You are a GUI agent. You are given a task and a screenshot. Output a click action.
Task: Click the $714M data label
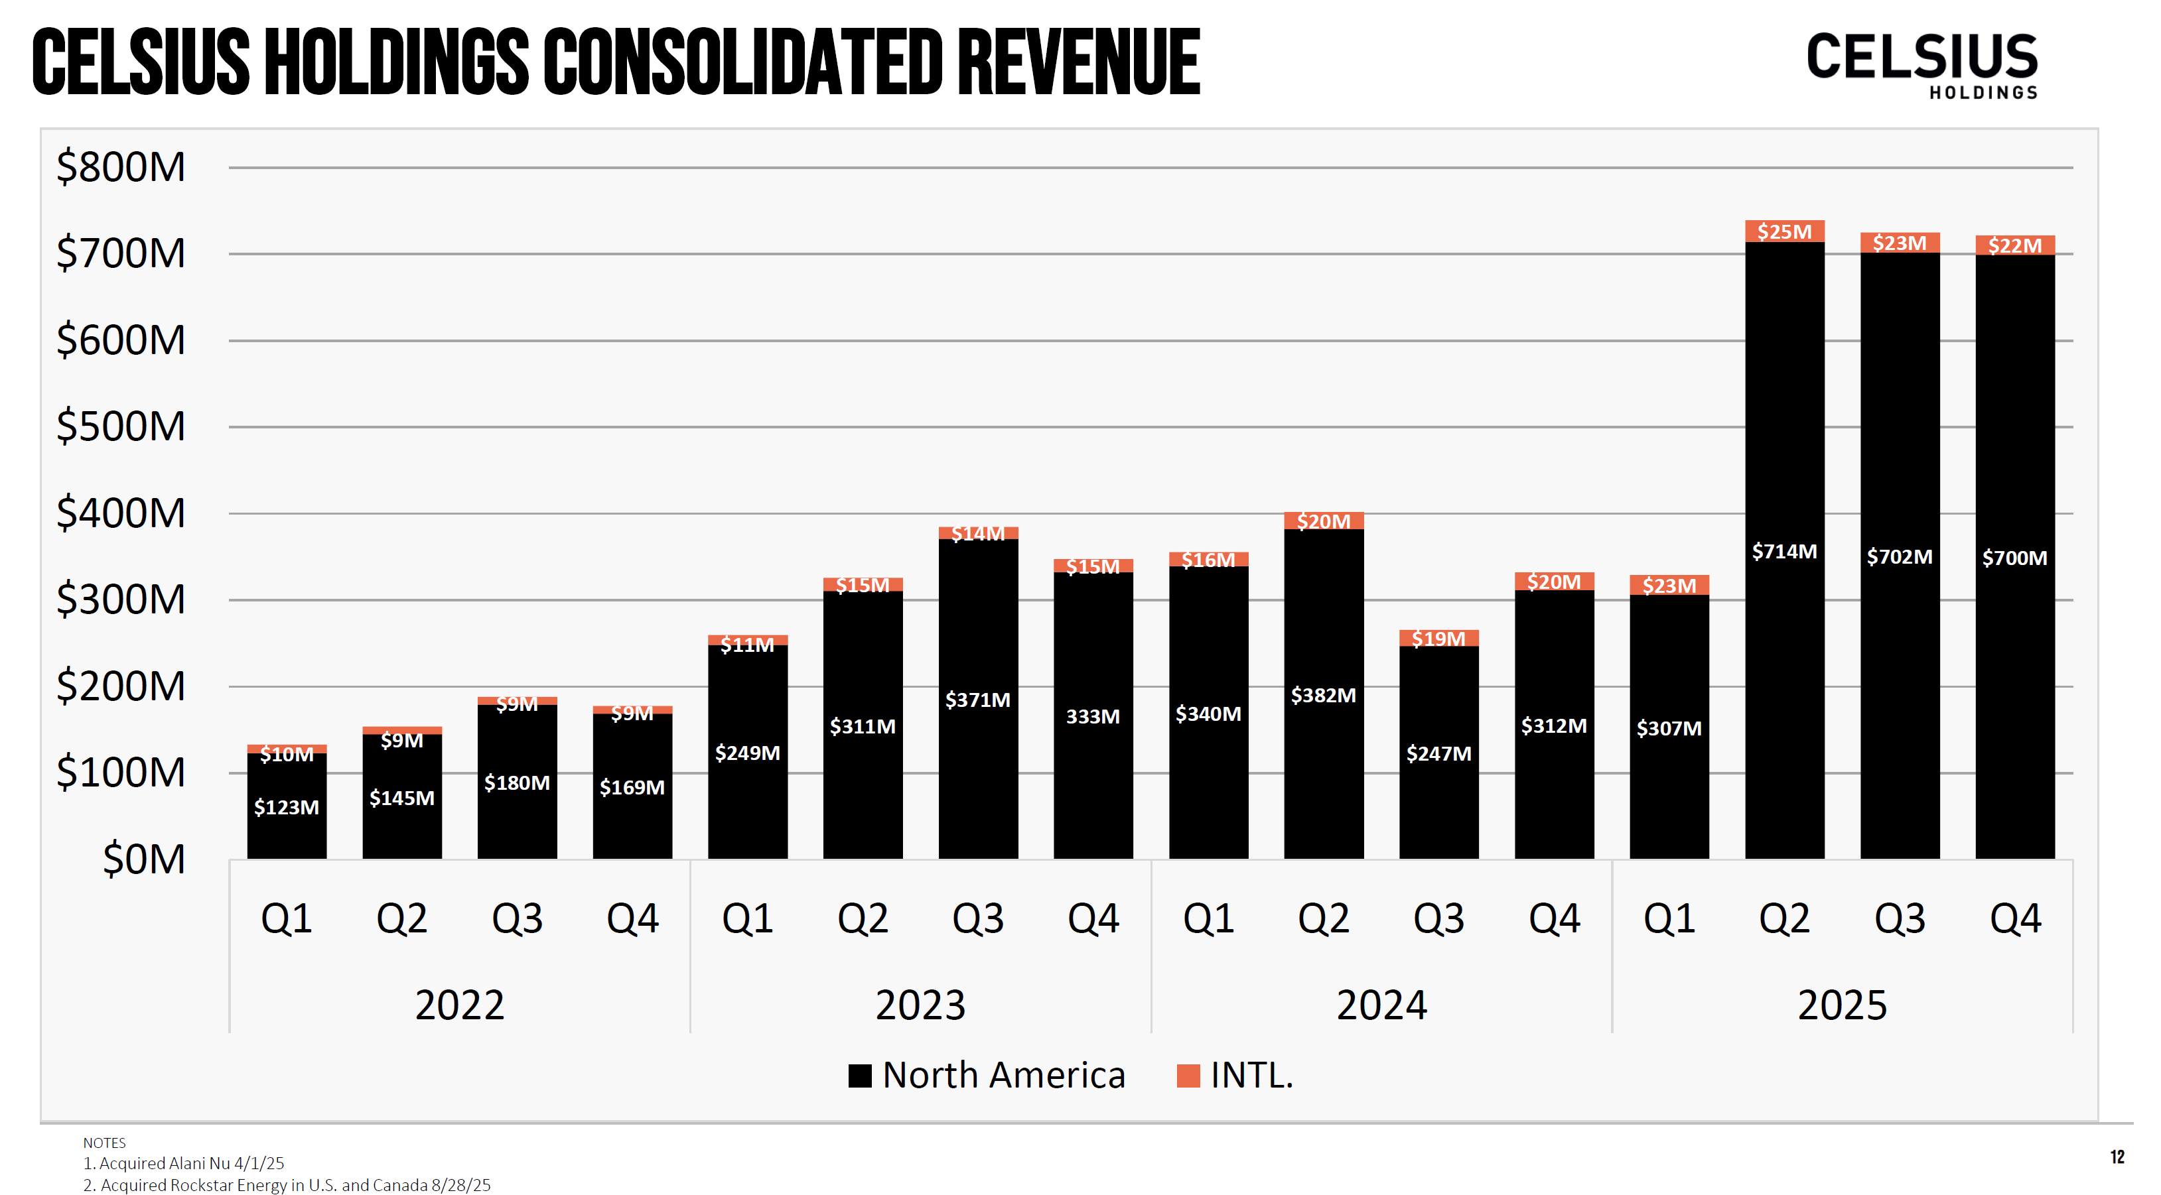tap(1783, 552)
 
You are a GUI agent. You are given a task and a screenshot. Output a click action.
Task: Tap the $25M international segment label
tap(1783, 231)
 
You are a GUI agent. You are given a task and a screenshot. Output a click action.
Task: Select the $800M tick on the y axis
tap(121, 167)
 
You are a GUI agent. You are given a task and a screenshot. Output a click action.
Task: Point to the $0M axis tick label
tap(143, 859)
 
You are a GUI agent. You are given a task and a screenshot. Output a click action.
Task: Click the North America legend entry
tap(987, 1075)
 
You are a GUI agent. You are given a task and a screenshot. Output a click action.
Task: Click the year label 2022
tap(460, 1005)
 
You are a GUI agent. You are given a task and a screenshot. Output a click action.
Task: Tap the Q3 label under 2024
tap(1438, 918)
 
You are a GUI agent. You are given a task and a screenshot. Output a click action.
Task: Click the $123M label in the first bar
tap(286, 808)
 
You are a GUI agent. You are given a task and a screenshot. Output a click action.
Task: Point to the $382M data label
tap(1323, 695)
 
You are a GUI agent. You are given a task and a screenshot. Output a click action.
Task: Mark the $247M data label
tap(1438, 754)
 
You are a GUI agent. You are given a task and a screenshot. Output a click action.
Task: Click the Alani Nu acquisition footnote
tap(184, 1163)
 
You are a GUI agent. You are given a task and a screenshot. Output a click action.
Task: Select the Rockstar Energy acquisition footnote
tap(287, 1185)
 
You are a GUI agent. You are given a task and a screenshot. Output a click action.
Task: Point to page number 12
tap(2117, 1157)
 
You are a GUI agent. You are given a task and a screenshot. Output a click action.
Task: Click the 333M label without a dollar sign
tap(1092, 717)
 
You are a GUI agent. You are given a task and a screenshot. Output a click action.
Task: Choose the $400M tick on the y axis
tap(121, 513)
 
